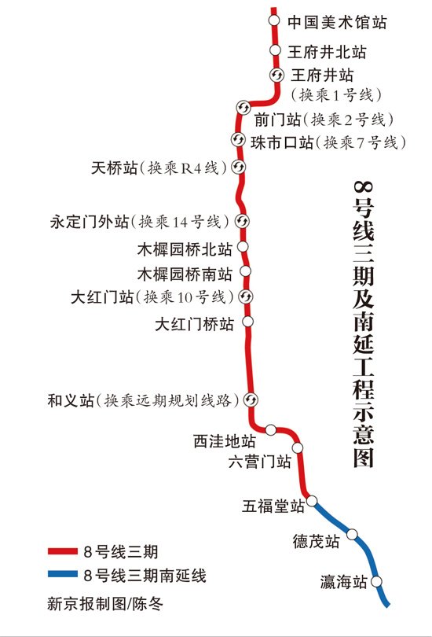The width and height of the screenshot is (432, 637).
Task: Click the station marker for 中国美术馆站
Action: [x=274, y=20]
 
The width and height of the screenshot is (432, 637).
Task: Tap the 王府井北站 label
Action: [x=327, y=52]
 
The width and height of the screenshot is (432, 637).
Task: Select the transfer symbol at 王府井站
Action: [x=277, y=75]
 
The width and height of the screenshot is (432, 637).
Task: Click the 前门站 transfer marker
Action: [x=243, y=107]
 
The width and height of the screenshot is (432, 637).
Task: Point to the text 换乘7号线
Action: [x=361, y=143]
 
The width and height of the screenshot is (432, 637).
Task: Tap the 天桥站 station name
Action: [x=114, y=168]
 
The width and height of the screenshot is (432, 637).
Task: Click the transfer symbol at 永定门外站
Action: [x=242, y=222]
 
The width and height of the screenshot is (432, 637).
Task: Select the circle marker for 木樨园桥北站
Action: [x=243, y=247]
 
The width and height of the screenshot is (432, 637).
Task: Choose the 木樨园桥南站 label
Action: [x=185, y=274]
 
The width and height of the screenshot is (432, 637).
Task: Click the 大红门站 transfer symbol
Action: [x=245, y=296]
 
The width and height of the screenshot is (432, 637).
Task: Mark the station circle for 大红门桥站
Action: [x=247, y=322]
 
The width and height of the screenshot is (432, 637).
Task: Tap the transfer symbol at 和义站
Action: [x=251, y=400]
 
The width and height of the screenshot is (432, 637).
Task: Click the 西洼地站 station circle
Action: [x=270, y=430]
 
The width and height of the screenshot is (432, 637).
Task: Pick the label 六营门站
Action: [x=260, y=462]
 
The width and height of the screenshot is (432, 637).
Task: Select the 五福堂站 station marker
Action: [x=312, y=501]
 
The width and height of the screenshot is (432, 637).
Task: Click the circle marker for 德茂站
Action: [x=352, y=534]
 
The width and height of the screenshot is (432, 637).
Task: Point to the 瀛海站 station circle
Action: [x=376, y=582]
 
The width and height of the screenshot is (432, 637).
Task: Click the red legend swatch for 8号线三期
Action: [x=63, y=551]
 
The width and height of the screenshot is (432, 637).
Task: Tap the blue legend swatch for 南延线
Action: [x=63, y=574]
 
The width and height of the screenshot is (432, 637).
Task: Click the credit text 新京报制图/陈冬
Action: [x=105, y=603]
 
